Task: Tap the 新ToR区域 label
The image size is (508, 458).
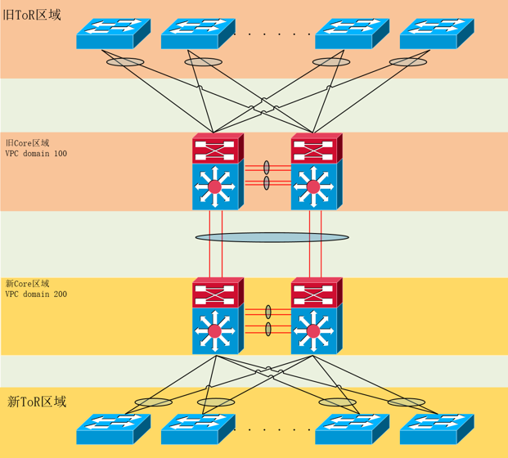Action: coord(37,402)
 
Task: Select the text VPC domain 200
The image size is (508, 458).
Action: coord(36,294)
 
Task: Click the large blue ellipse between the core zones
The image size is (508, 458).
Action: coord(272,237)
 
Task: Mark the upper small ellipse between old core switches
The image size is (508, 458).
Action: coord(267,167)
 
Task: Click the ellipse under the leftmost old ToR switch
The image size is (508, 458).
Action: coord(125,62)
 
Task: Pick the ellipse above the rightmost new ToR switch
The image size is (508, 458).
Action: coord(406,402)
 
